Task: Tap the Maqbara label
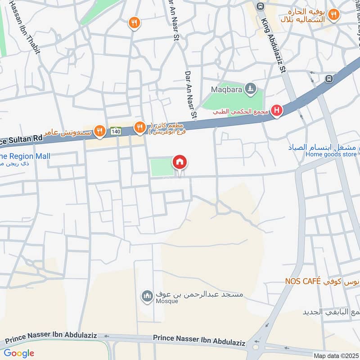[227, 90]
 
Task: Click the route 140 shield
[116, 131]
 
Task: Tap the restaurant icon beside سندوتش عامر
[99, 131]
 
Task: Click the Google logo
[19, 353]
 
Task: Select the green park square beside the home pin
[161, 167]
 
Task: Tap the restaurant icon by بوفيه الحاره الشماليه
[333, 15]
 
